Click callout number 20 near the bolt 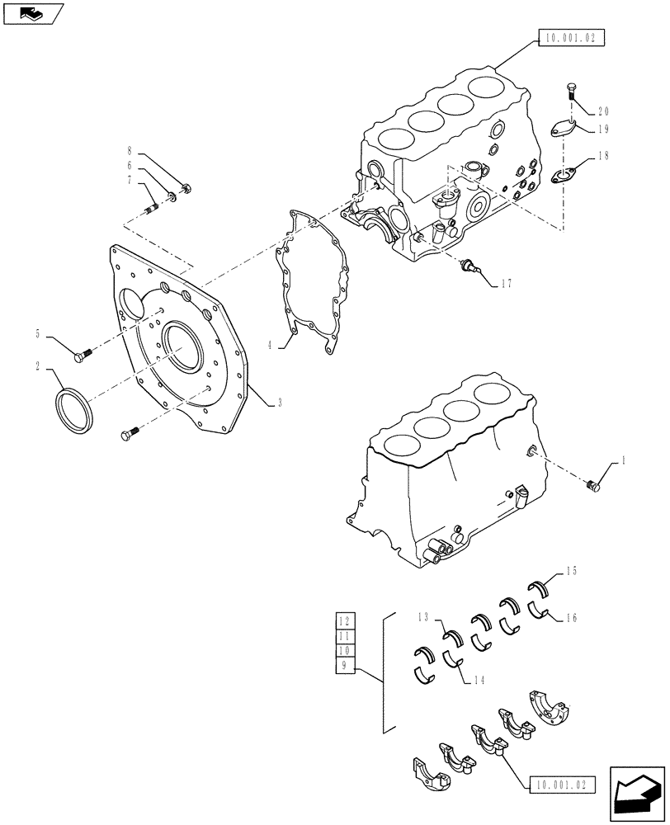603,111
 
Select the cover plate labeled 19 564,130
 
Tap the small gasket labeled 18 564,175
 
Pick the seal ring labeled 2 73,408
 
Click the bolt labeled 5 81,356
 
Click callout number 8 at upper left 130,151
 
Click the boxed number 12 345,622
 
